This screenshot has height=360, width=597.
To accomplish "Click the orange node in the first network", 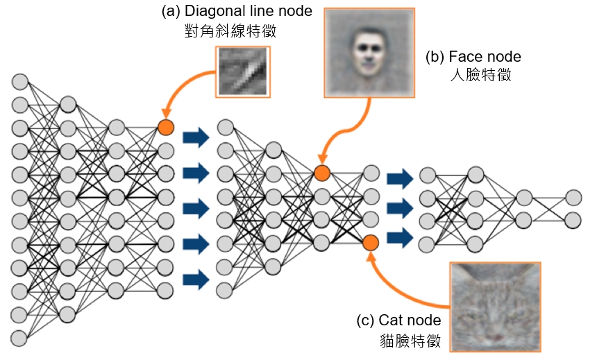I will point(165,128).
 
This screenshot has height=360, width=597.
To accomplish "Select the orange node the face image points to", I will point(321,173).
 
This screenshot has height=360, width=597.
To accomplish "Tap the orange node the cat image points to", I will point(370,243).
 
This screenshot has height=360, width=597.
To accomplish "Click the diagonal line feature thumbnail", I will point(244,71).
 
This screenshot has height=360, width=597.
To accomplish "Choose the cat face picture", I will point(495,307).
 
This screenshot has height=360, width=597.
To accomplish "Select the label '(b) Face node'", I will point(473,57).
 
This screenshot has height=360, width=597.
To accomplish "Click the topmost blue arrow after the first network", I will point(195,136).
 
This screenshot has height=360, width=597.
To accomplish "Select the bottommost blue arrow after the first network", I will point(195,280).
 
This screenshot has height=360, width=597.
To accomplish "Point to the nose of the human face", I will point(367,57).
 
